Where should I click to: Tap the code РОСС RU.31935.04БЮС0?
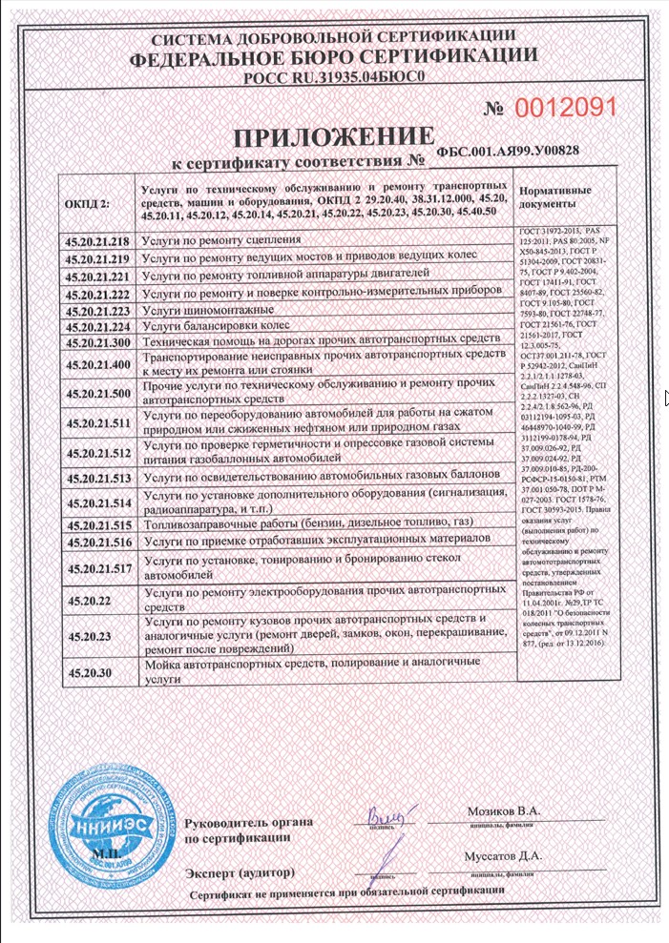click(334, 79)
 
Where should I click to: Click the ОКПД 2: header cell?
click(89, 202)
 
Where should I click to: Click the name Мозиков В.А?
click(503, 811)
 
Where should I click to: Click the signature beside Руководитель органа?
click(387, 815)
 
